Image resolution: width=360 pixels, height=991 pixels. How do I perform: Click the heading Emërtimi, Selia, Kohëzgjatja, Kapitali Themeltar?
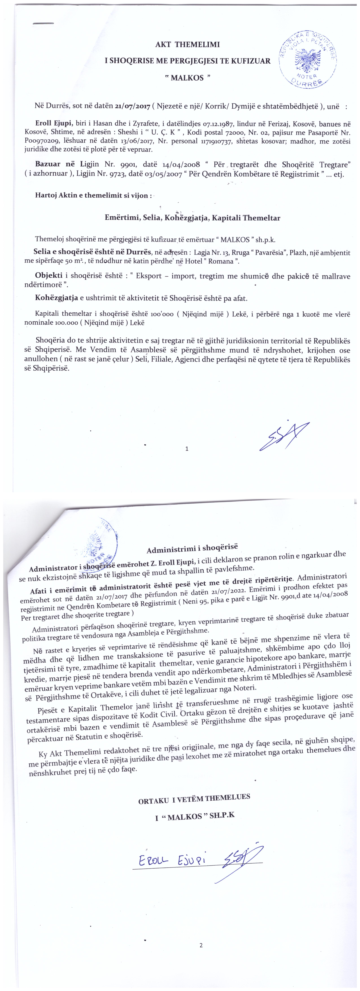click(x=192, y=218)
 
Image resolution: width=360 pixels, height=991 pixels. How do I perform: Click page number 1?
click(x=187, y=449)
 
